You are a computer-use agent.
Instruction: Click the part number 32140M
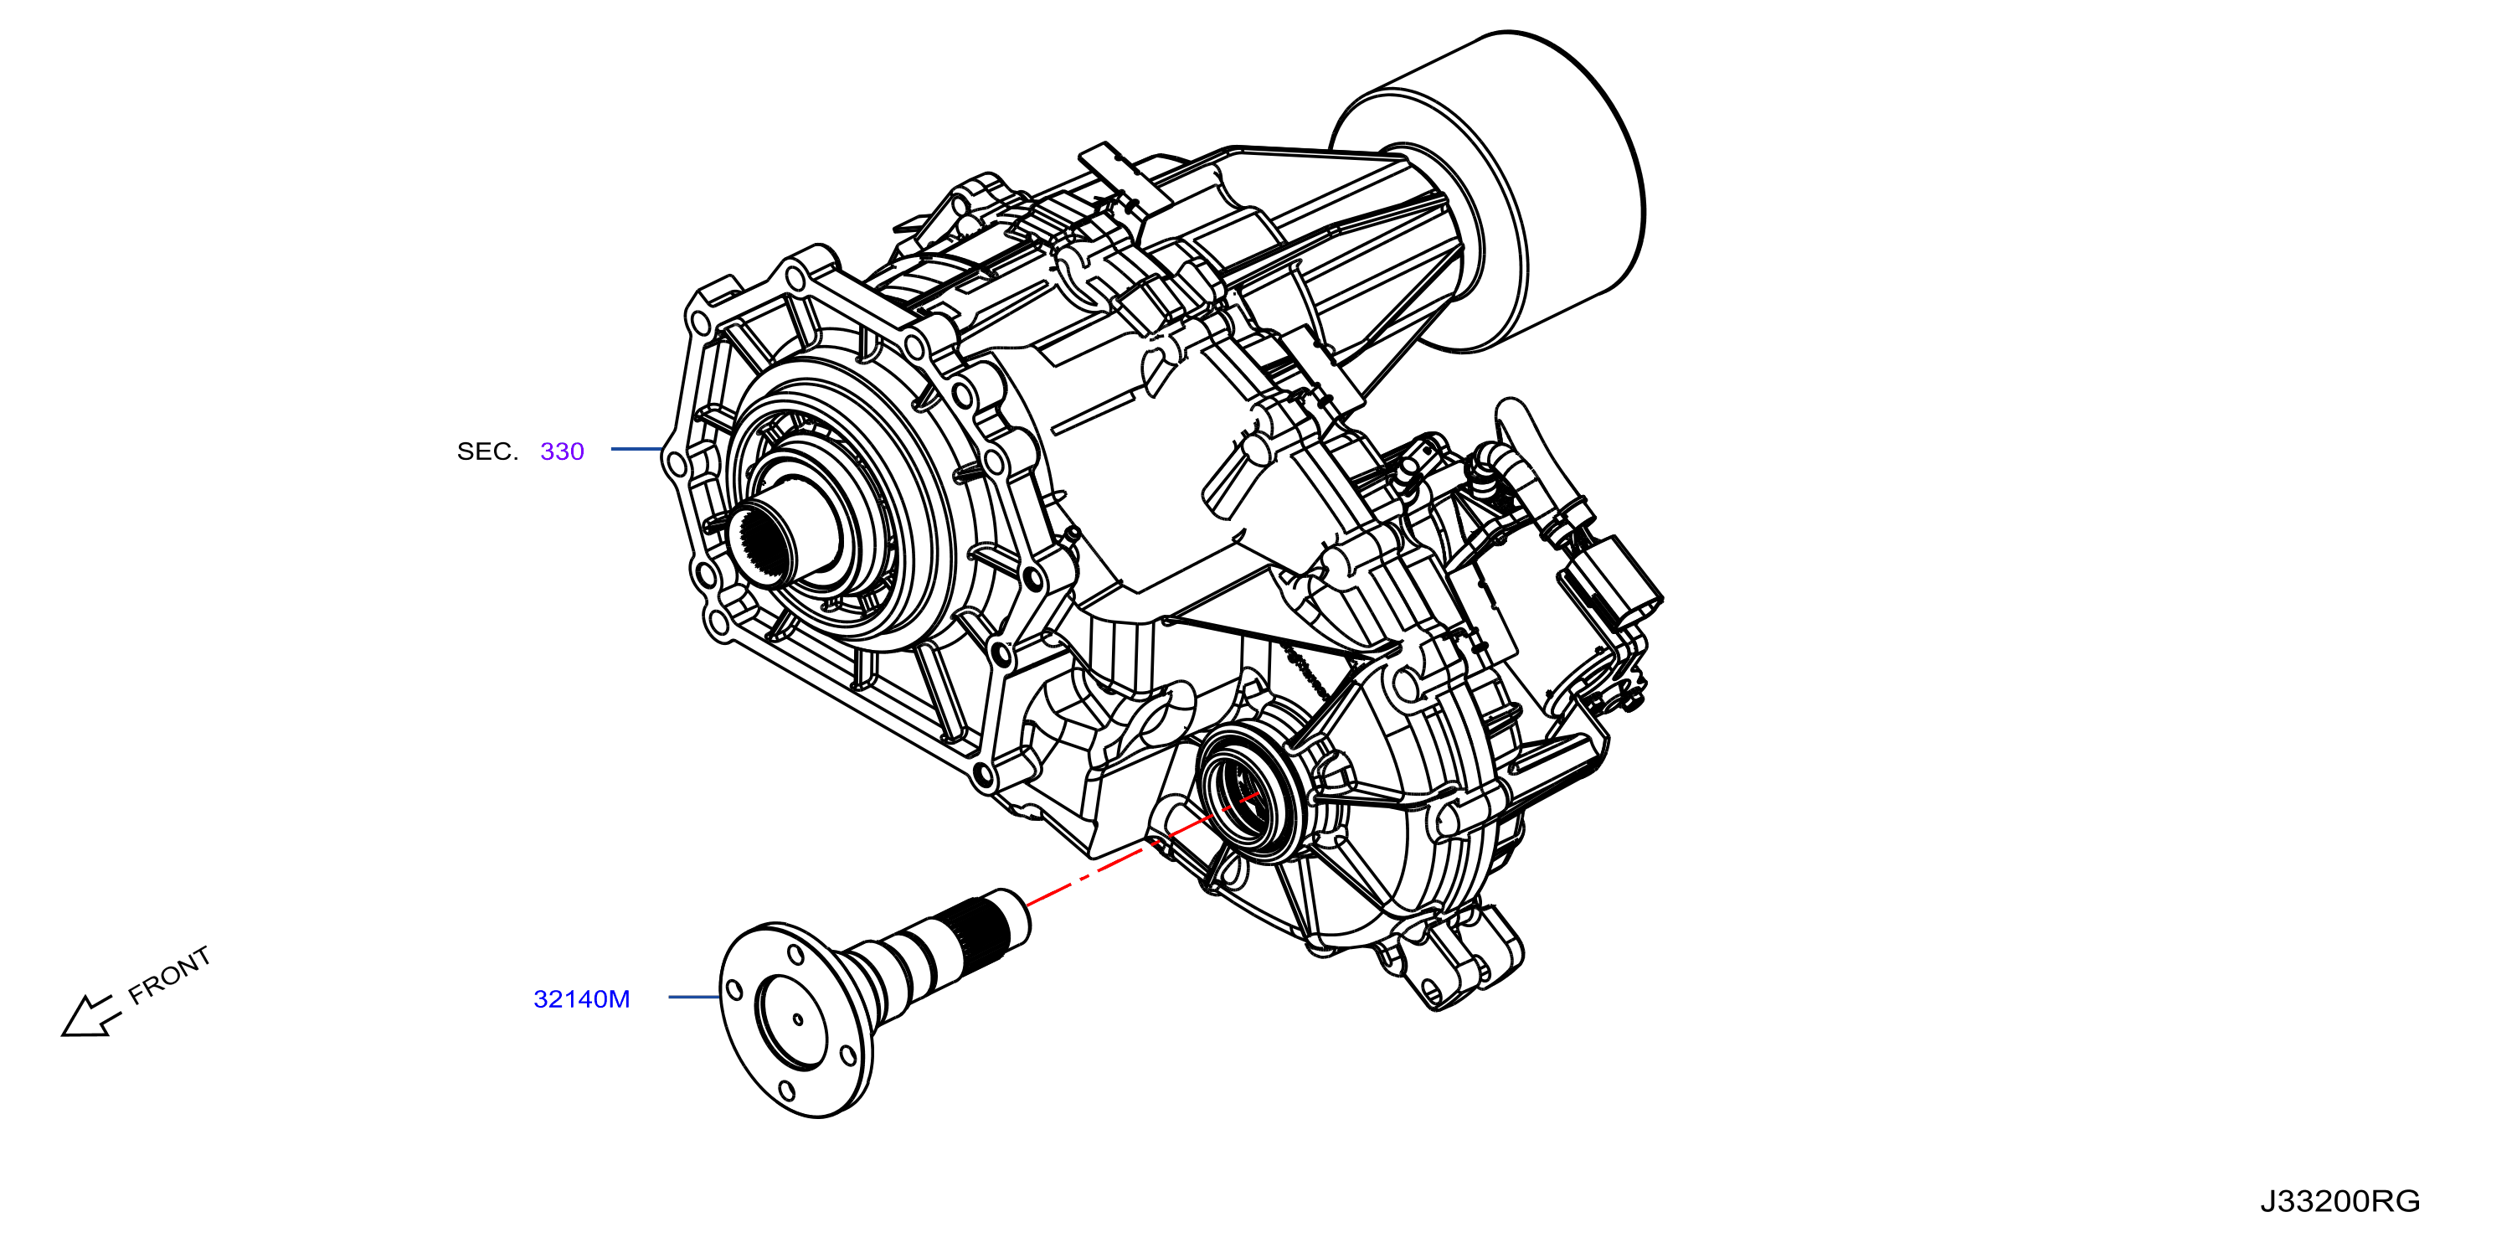[x=581, y=998]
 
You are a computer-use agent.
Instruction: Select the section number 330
[x=562, y=451]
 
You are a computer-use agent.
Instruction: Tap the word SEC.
[x=487, y=451]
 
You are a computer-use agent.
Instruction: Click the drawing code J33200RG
[x=2340, y=1201]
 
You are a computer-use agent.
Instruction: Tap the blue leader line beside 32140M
[x=695, y=997]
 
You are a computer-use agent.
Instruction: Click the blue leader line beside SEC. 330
[x=637, y=449]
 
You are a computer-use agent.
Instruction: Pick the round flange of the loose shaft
[x=795, y=1019]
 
